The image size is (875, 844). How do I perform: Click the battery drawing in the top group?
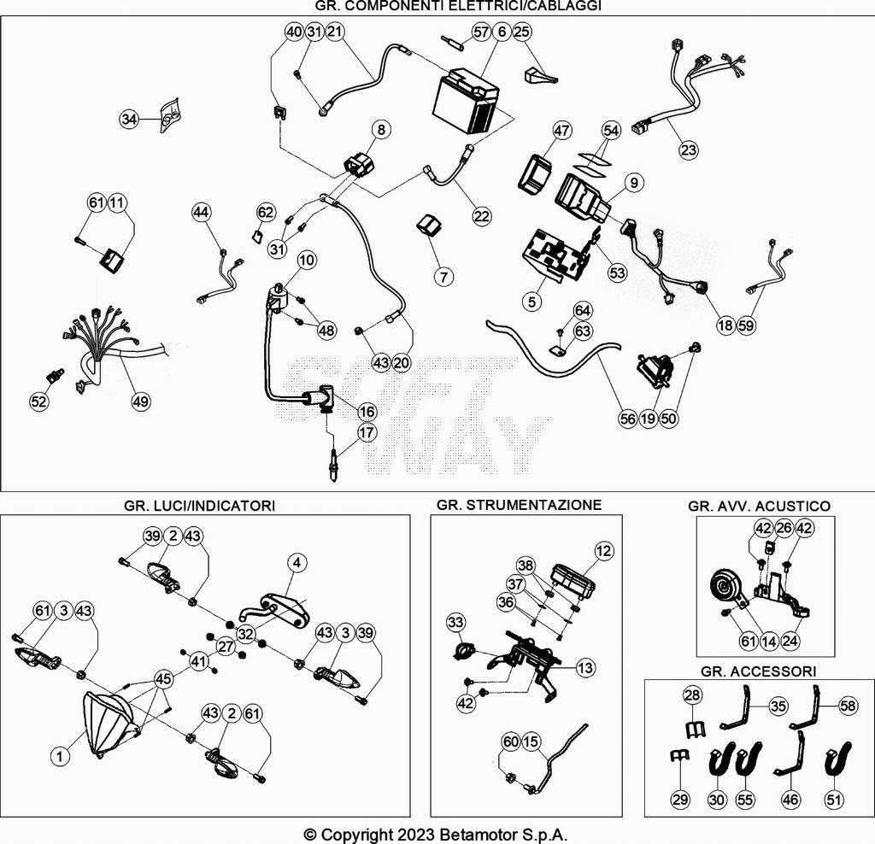coord(465,100)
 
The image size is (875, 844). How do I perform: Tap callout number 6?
coord(502,32)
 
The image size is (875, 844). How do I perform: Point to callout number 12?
coord(603,552)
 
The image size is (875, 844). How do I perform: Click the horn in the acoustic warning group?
coord(729,589)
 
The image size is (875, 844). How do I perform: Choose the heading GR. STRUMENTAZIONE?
coord(519,505)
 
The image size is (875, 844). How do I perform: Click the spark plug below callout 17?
coord(332,466)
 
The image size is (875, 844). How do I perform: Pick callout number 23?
coord(689,150)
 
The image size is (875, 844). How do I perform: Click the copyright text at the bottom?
coord(436,835)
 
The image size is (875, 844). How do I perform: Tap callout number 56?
coord(628,419)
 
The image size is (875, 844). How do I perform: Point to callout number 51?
coord(833,800)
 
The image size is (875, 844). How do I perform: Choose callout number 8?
coord(381,130)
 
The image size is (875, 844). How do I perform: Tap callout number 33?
coord(455,621)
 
